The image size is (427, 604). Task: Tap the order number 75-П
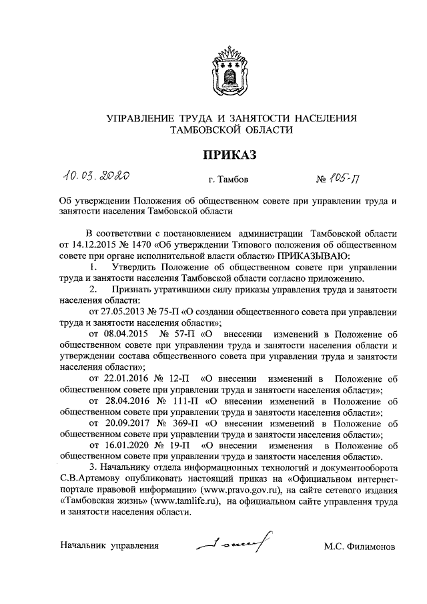(167, 310)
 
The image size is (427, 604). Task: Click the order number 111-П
(187, 402)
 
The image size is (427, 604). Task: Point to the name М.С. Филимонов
(360, 547)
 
